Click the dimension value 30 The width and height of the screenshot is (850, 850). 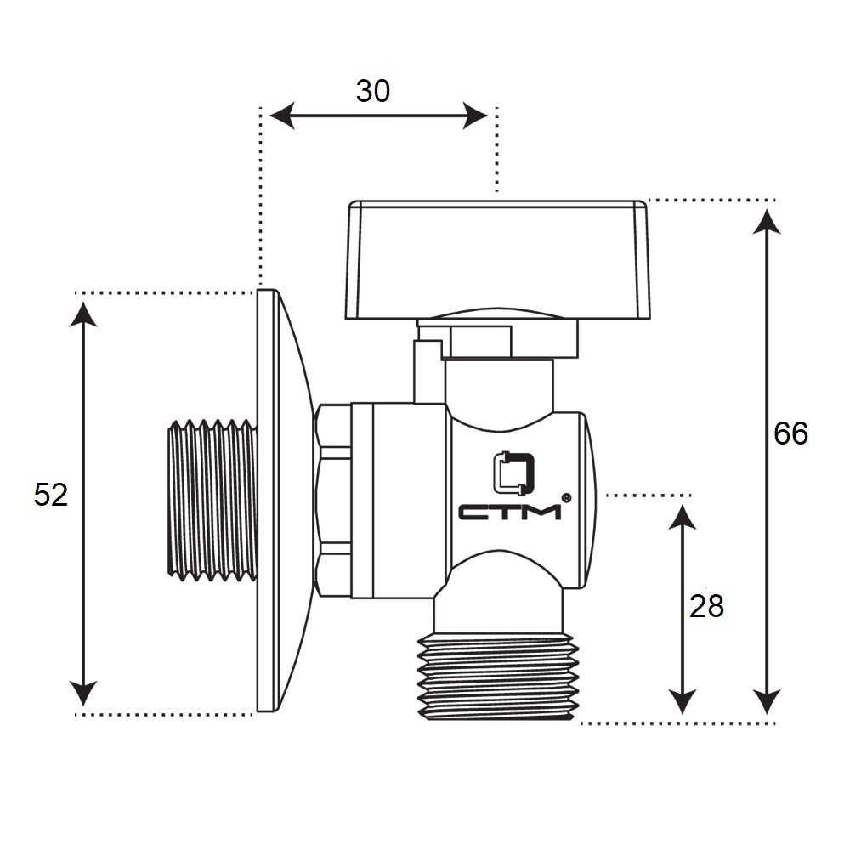pyautogui.click(x=373, y=91)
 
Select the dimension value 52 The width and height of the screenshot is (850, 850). pyautogui.click(x=51, y=494)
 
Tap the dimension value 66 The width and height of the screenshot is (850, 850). pyautogui.click(x=790, y=433)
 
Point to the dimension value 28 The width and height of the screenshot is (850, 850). pyautogui.click(x=706, y=606)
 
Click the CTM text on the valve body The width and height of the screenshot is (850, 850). pyautogui.click(x=510, y=512)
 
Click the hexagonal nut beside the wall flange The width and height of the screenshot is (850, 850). pyautogui.click(x=332, y=501)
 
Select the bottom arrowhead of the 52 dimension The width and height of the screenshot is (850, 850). pyautogui.click(x=83, y=694)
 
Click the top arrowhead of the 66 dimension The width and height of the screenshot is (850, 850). pyautogui.click(x=768, y=221)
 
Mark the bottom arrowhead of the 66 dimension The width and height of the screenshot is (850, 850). pyautogui.click(x=768, y=702)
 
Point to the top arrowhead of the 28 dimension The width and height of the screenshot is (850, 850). pyautogui.click(x=681, y=516)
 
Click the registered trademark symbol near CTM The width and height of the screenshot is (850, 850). pyautogui.click(x=566, y=498)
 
